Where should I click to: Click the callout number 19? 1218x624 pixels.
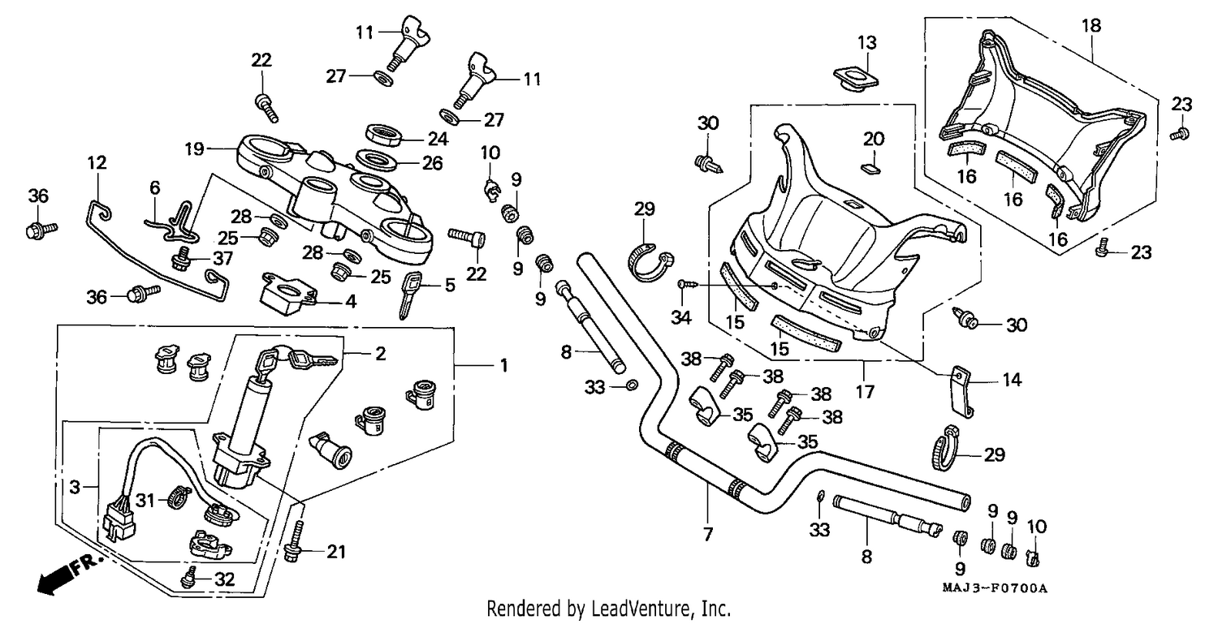[194, 148]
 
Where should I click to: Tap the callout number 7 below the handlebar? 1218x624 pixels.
[707, 534]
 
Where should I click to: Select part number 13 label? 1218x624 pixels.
[867, 42]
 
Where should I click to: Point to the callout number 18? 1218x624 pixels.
[1091, 25]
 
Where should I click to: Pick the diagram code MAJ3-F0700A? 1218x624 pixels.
[995, 588]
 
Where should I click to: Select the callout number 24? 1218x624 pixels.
[438, 139]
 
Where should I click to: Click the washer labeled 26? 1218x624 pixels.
[376, 161]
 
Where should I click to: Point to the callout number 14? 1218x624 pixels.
[1012, 380]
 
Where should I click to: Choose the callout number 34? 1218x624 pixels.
[680, 317]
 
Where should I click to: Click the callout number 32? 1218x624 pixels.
[224, 579]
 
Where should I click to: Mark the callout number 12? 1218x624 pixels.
[97, 162]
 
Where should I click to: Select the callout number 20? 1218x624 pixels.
[874, 139]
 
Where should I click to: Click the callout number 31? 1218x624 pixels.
[145, 500]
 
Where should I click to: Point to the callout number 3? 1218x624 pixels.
[75, 487]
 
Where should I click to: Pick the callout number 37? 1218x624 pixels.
[223, 258]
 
